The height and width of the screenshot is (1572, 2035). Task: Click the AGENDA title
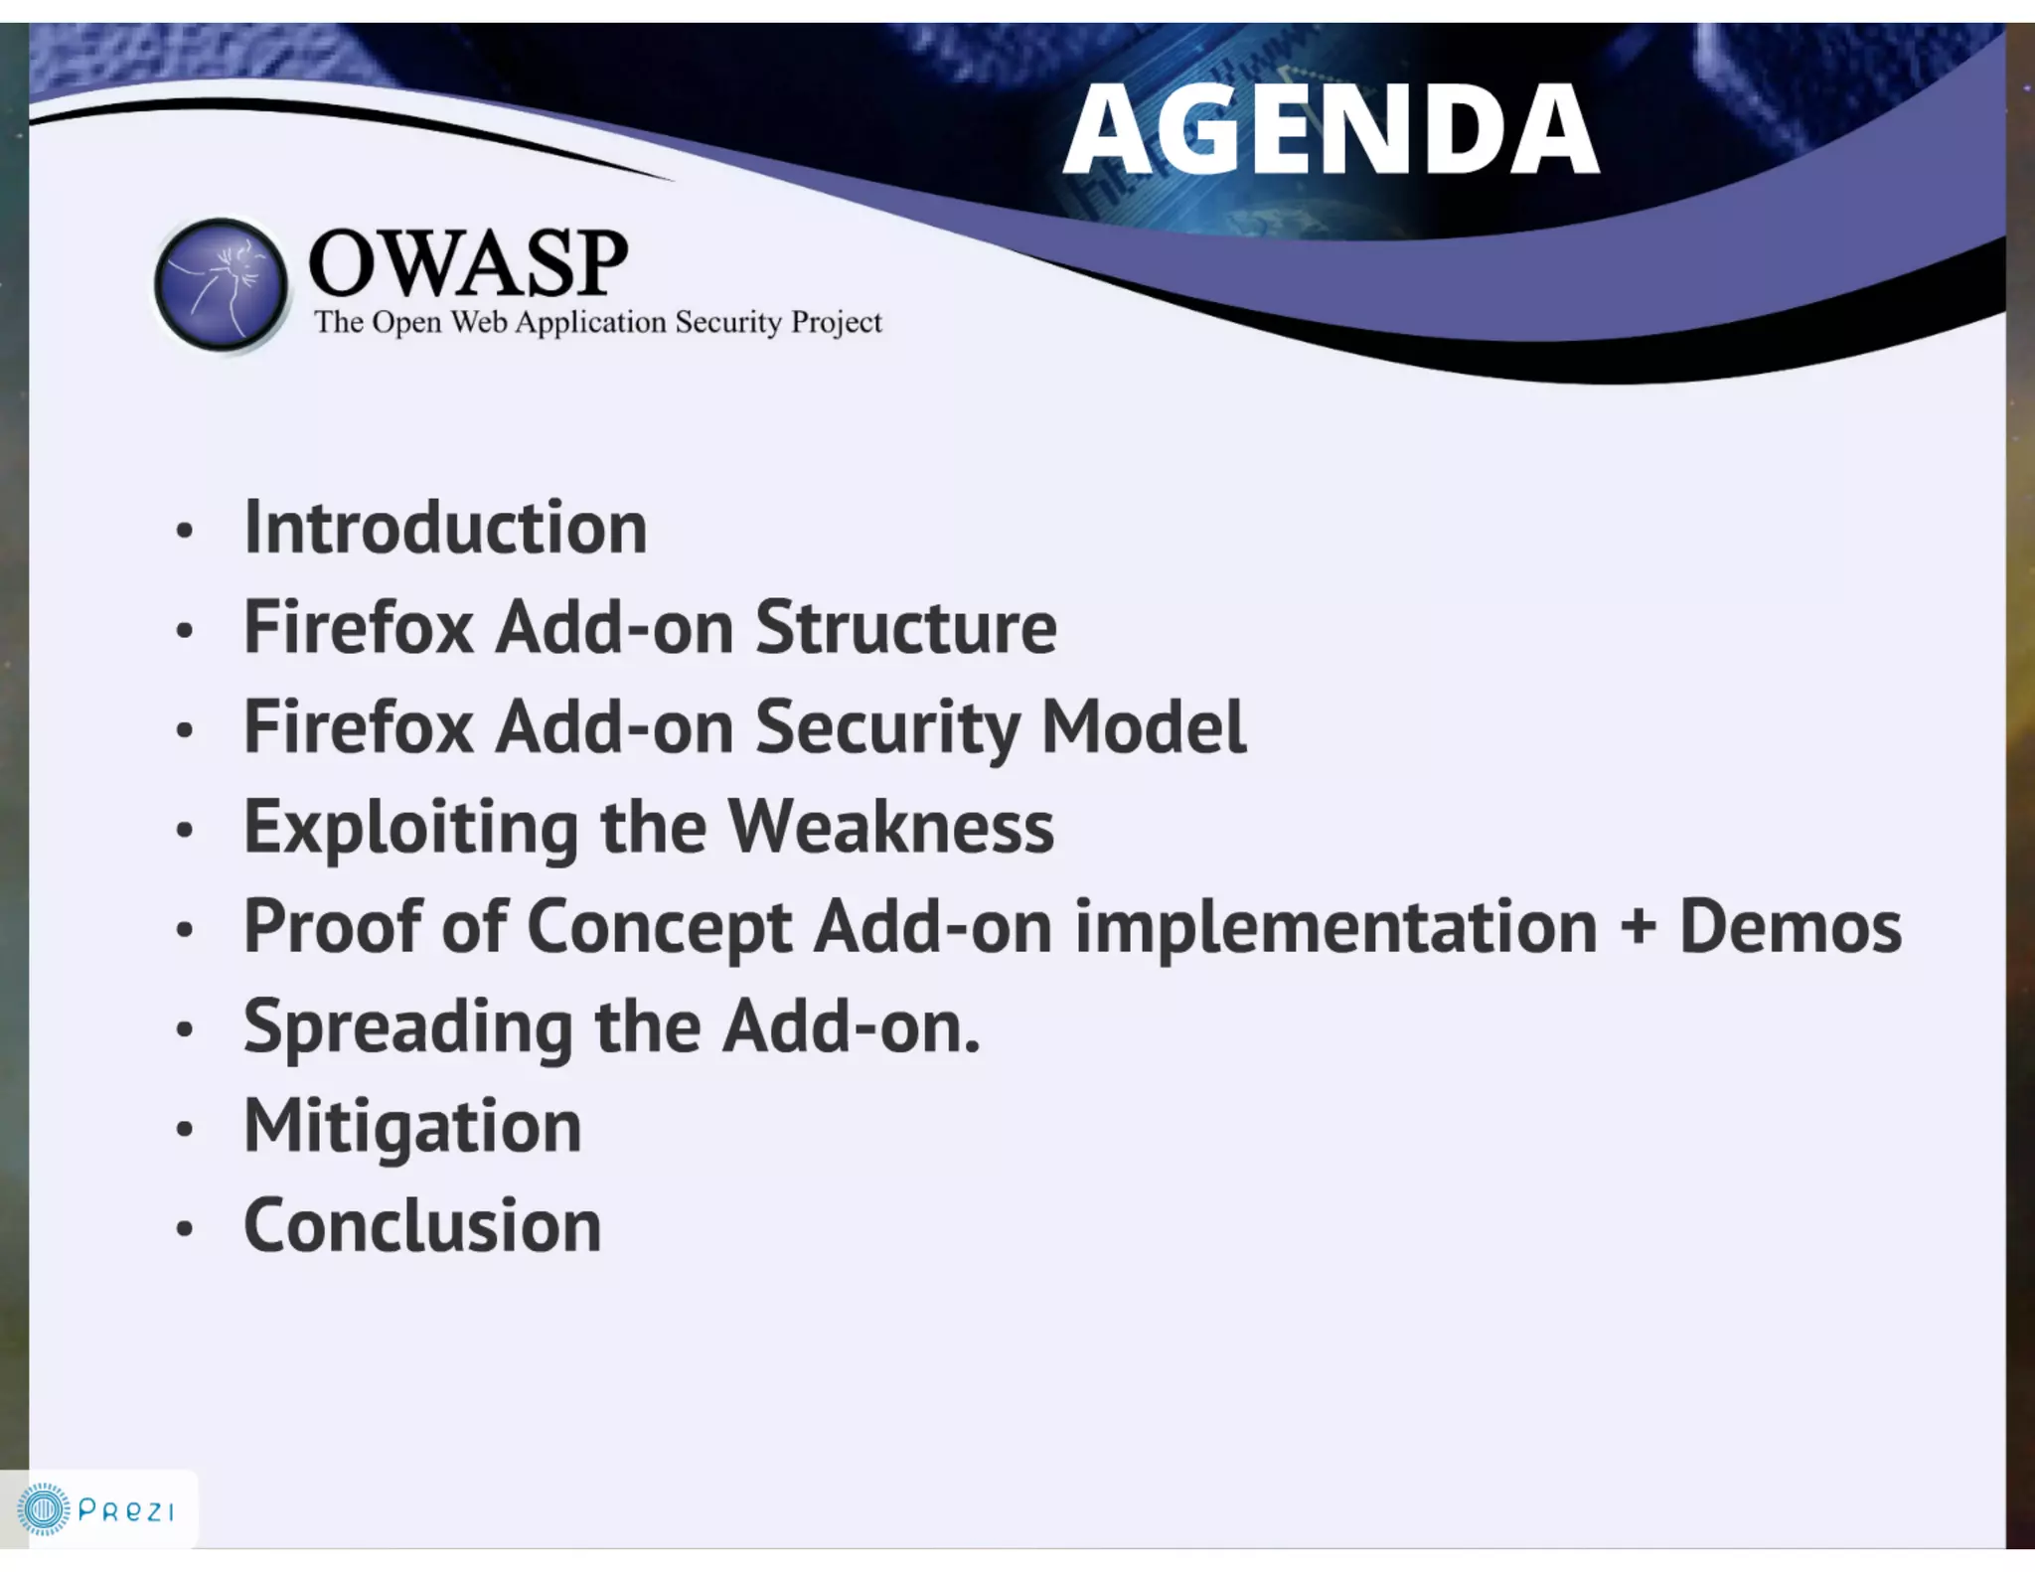tap(1331, 129)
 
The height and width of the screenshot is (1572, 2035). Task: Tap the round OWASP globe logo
tap(222, 285)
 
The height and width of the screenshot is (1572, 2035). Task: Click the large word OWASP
tap(468, 263)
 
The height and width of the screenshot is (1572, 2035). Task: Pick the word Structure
tap(905, 628)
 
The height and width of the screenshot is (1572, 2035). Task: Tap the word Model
tap(1143, 727)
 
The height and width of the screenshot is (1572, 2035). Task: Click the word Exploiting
tap(410, 829)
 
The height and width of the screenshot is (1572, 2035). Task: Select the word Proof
tap(333, 926)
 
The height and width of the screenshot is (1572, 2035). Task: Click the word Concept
tap(659, 928)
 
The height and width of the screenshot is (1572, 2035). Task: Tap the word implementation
tap(1335, 928)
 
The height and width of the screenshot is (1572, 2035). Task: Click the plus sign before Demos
tap(1638, 926)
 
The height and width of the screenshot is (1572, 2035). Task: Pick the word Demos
tap(1790, 926)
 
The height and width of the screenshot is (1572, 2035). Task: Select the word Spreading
tap(407, 1028)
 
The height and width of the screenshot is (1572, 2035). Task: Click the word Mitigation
tap(412, 1128)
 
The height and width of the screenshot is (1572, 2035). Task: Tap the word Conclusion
tap(422, 1226)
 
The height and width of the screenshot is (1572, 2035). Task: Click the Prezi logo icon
tap(44, 1510)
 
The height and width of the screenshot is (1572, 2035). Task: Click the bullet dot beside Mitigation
tap(184, 1130)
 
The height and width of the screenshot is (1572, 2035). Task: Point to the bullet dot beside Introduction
tap(184, 531)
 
